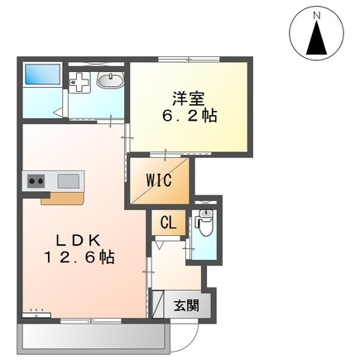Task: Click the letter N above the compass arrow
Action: pyautogui.click(x=317, y=16)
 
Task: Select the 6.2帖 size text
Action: pyautogui.click(x=189, y=116)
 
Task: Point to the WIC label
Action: pyautogui.click(x=159, y=180)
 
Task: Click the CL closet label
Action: pyautogui.click(x=168, y=223)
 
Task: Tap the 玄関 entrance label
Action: pyautogui.click(x=186, y=305)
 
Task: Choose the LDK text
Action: pyautogui.click(x=78, y=242)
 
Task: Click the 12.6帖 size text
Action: pyautogui.click(x=79, y=257)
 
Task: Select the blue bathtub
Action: pyautogui.click(x=43, y=74)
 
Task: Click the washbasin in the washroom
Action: pyautogui.click(x=110, y=80)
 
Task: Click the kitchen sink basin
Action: pyautogui.click(x=68, y=181)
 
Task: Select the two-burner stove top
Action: pyautogui.click(x=36, y=181)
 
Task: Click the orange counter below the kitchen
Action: pyautogui.click(x=63, y=199)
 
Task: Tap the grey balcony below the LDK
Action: pyautogui.click(x=94, y=338)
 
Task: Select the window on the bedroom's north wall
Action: pyautogui.click(x=189, y=59)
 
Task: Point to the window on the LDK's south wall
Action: pyautogui.click(x=91, y=321)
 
